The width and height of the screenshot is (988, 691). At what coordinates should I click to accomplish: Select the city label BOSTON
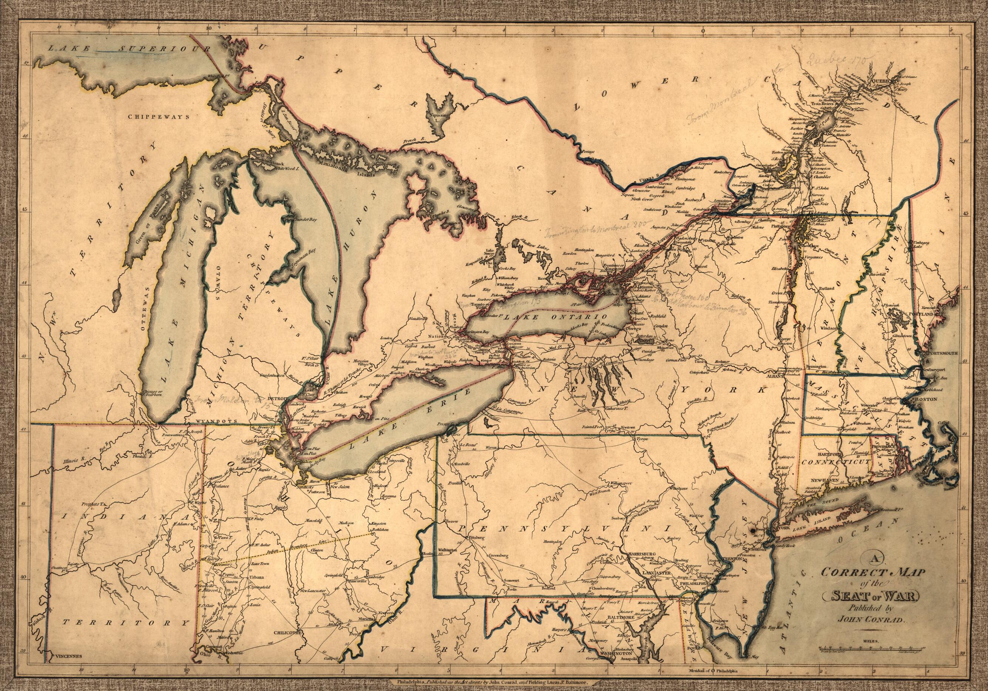point(927,398)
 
